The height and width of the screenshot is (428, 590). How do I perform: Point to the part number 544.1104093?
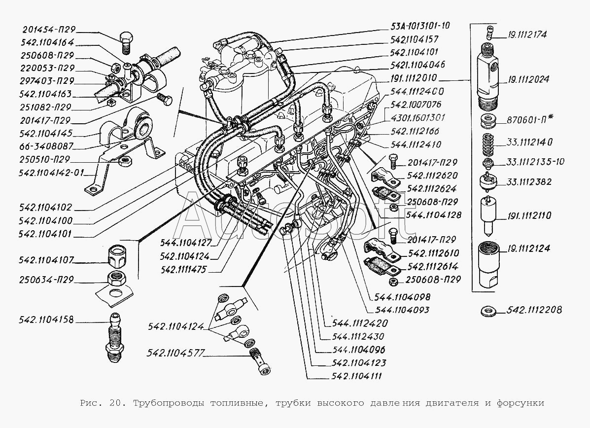coord(402,310)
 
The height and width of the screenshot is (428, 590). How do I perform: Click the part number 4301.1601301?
coord(418,118)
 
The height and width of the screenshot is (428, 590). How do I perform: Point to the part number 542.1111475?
coord(183,270)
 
